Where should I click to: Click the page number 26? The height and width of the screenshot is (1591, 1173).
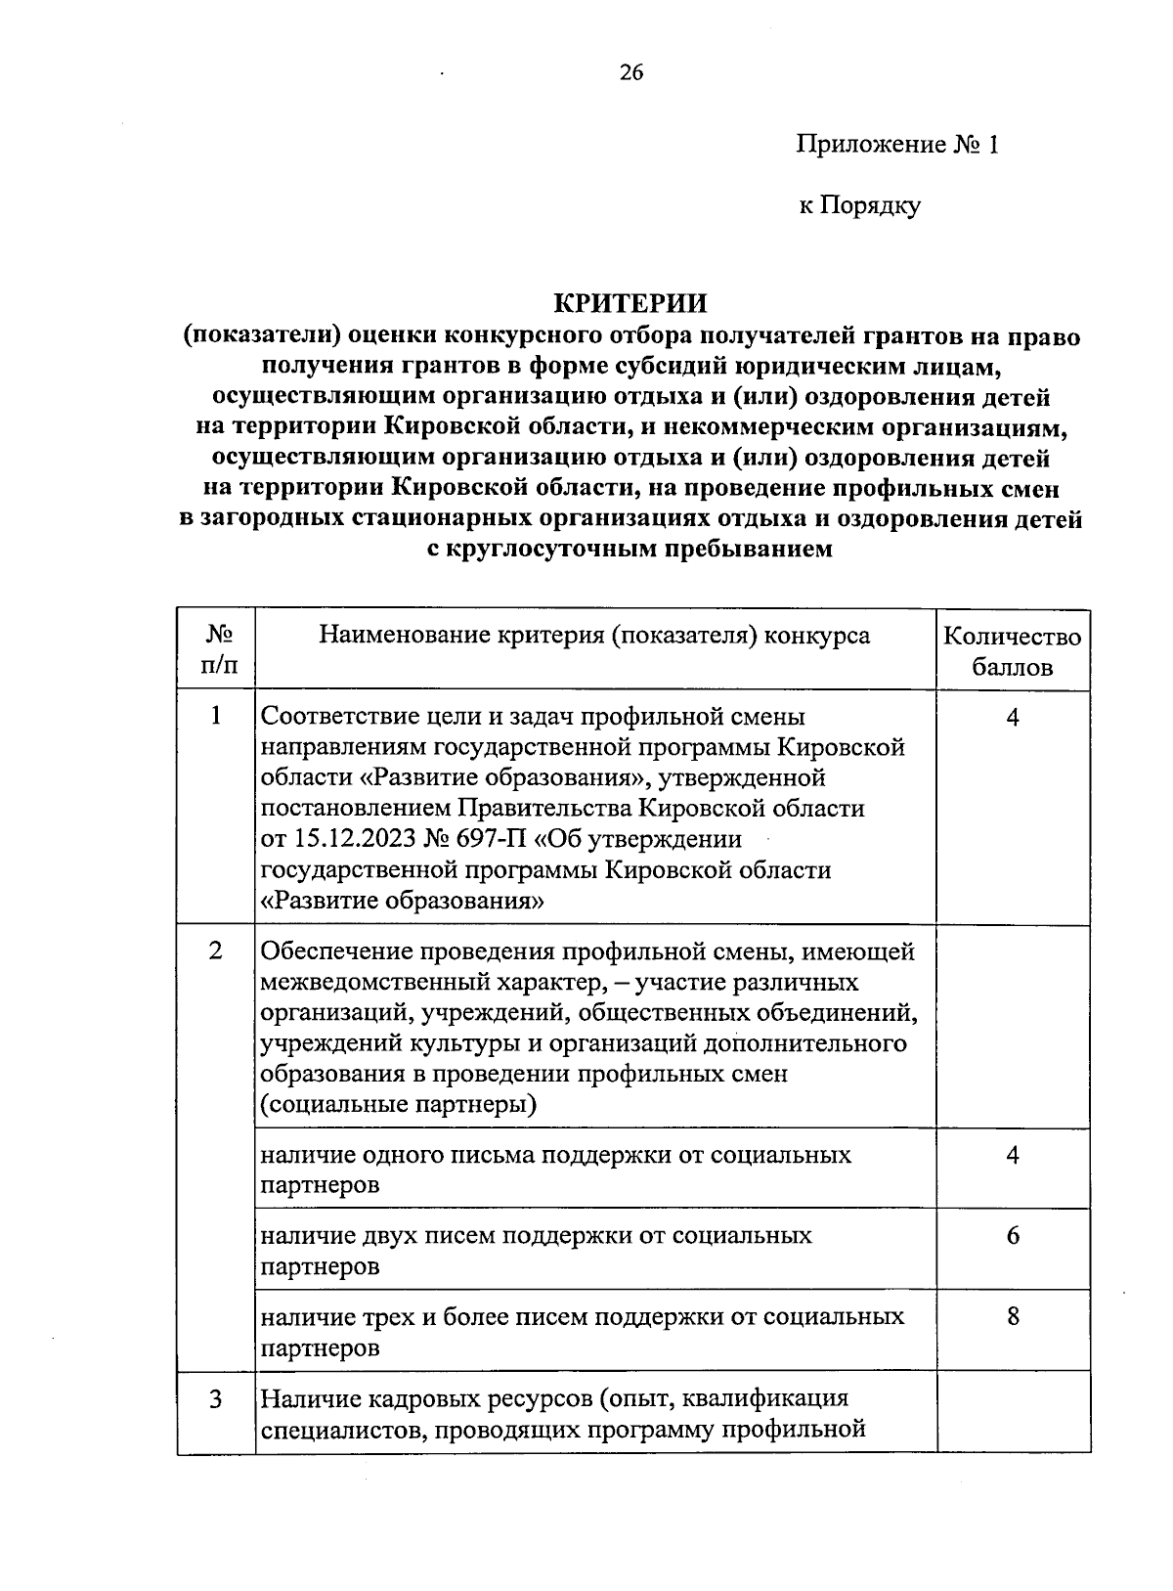(630, 72)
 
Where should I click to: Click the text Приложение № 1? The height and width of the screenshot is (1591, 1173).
(898, 146)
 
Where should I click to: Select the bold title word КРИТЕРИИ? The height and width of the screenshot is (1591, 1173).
(630, 303)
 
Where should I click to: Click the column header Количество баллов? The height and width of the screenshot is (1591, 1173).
(1012, 652)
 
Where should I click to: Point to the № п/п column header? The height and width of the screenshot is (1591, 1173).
(217, 650)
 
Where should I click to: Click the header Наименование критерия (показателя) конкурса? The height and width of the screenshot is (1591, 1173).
(594, 636)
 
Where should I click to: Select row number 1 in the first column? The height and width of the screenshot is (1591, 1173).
(216, 717)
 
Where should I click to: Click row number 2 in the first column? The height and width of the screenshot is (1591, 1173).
(216, 950)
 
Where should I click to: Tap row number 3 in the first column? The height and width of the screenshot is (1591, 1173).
(216, 1399)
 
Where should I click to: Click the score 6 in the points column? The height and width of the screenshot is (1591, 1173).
(1013, 1236)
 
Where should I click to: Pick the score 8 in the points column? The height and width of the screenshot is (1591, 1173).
(1013, 1317)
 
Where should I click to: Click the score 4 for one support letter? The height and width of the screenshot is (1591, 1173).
(1013, 1155)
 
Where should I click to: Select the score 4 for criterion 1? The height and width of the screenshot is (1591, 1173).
(1013, 717)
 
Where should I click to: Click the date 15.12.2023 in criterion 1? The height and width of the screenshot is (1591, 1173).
(356, 840)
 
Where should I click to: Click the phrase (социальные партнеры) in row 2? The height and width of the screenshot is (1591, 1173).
(399, 1106)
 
